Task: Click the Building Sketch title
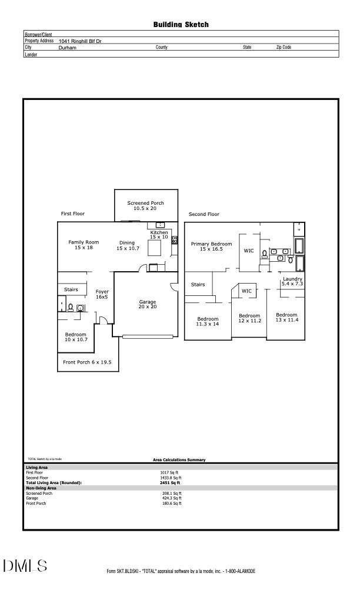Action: click(181, 25)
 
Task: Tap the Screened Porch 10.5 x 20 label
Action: click(145, 205)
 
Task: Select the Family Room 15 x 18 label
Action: click(83, 245)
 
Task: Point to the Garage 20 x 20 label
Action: click(147, 304)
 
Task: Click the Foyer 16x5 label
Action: click(102, 294)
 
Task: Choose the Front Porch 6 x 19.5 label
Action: click(87, 362)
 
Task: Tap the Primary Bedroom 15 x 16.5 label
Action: click(211, 246)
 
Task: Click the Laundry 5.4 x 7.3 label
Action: click(292, 281)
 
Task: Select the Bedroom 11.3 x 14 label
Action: click(207, 321)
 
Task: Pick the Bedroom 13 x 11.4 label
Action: click(287, 317)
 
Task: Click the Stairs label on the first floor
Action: click(71, 289)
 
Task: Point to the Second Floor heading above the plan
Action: click(204, 214)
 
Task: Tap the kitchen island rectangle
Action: click(154, 249)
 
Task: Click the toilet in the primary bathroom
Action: click(264, 254)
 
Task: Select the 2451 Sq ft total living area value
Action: click(170, 483)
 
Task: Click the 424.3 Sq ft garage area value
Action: click(172, 498)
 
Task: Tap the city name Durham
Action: click(68, 47)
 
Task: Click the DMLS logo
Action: click(25, 566)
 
